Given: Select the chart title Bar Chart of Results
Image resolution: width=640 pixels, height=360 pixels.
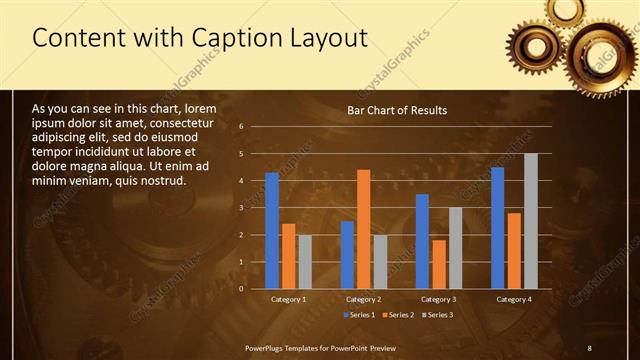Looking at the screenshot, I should [x=397, y=110].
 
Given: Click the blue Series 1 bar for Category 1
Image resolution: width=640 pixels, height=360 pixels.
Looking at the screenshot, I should [x=271, y=231].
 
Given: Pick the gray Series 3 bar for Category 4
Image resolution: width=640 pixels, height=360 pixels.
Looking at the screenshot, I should [x=530, y=221].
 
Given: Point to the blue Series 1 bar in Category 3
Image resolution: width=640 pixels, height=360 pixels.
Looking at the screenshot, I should [x=422, y=241].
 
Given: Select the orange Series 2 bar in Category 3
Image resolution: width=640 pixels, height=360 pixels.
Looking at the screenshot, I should [x=439, y=264].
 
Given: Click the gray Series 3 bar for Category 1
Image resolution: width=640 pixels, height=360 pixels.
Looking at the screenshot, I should [x=305, y=262].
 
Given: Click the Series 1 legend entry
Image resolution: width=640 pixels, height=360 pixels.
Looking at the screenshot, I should [x=361, y=316].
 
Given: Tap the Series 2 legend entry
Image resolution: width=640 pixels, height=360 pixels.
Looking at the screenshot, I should [x=398, y=316].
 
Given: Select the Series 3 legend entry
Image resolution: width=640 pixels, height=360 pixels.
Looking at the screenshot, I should [x=435, y=316].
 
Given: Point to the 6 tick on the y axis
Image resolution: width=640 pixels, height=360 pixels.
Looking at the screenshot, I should [x=241, y=127].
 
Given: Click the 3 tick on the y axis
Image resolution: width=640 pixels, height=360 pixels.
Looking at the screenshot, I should [x=241, y=208].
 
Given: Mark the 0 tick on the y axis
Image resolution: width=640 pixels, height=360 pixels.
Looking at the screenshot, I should [x=241, y=289].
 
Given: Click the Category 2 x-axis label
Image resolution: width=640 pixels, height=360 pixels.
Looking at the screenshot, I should [x=363, y=299].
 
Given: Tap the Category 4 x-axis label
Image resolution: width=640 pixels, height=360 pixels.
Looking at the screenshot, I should [x=513, y=299].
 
